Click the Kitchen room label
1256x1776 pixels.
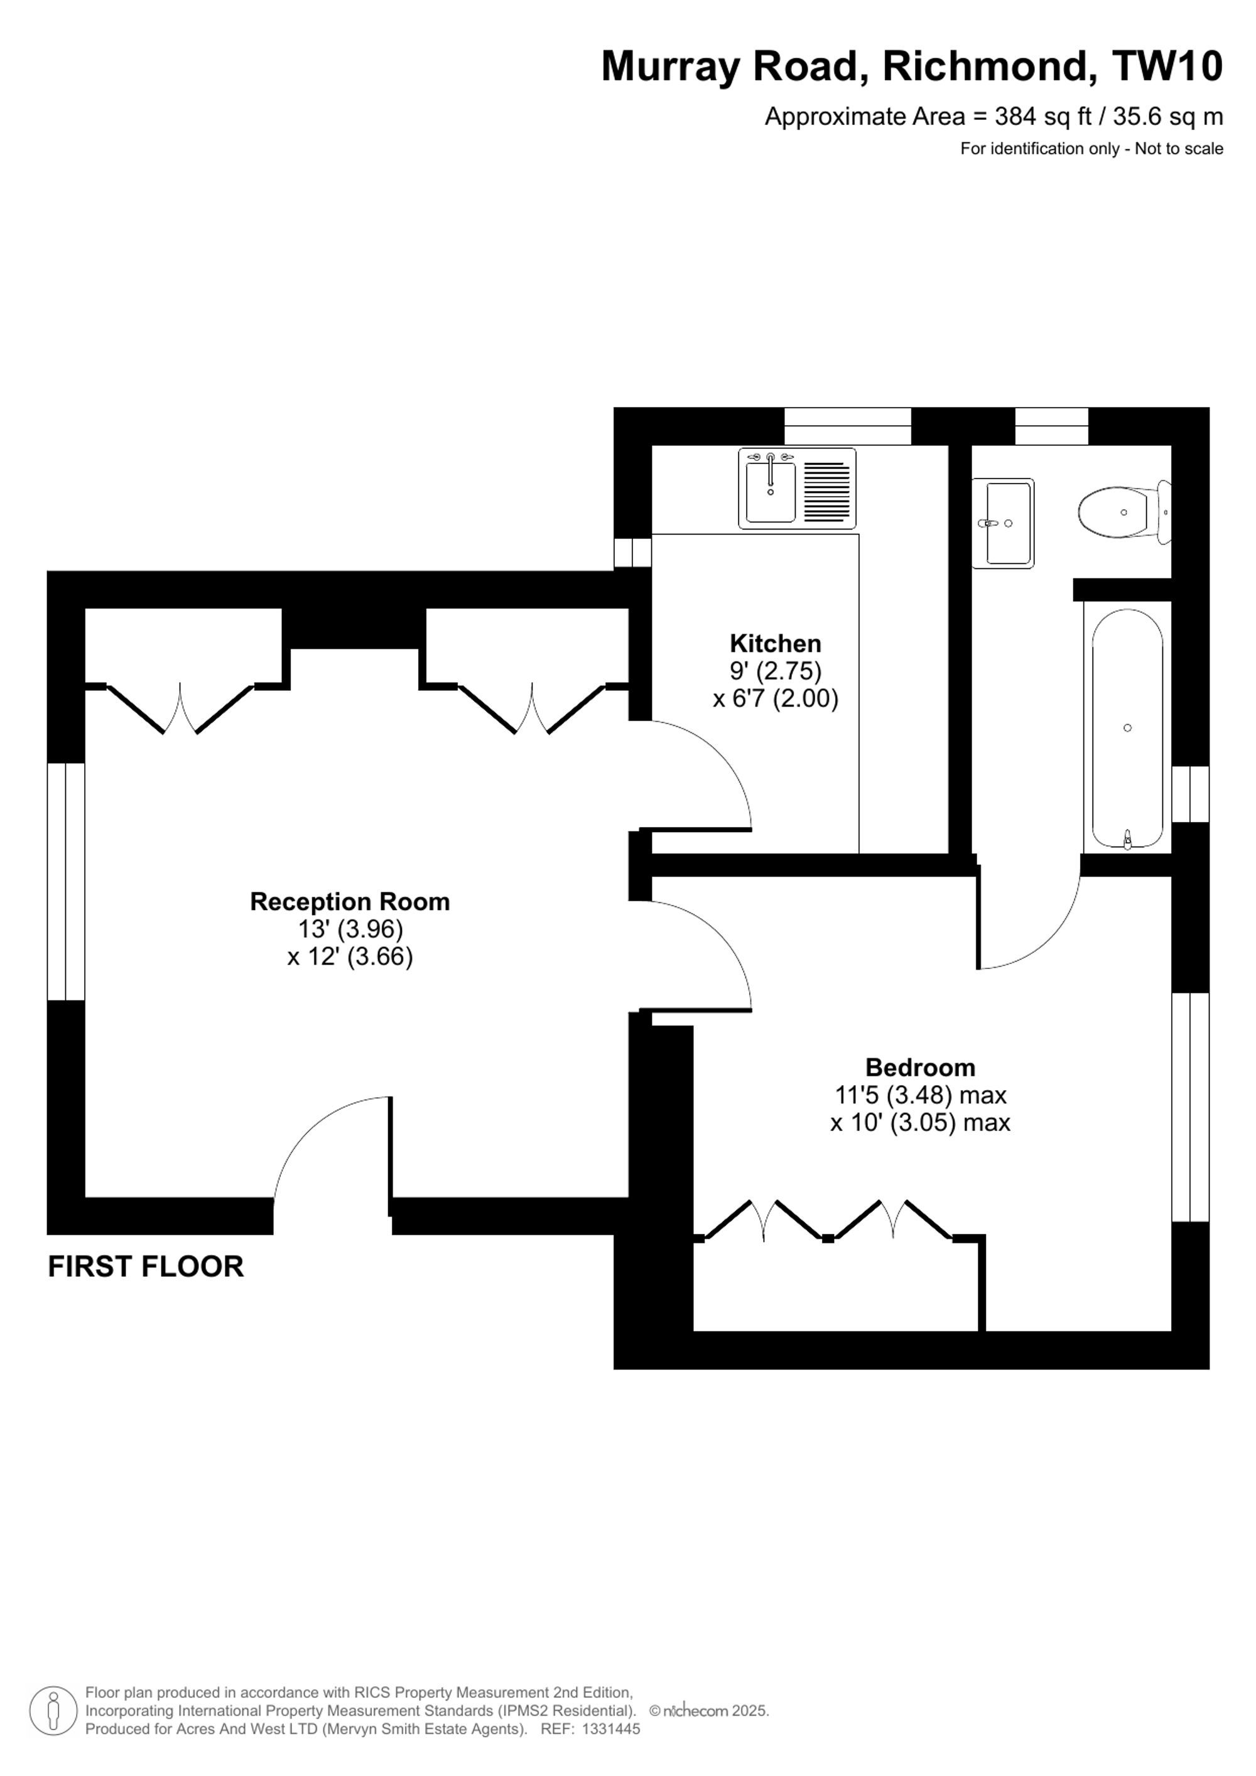(775, 644)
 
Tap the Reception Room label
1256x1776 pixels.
(350, 902)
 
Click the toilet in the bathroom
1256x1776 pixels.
(1125, 511)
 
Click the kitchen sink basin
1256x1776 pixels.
(771, 491)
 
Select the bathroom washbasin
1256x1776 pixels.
(1002, 523)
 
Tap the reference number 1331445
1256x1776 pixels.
(610, 1729)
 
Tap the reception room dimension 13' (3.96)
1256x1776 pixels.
(350, 929)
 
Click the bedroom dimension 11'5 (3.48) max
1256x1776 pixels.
(921, 1095)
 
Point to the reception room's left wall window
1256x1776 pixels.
(66, 882)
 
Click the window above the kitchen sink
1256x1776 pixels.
(848, 426)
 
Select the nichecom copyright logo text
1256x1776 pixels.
(695, 1711)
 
